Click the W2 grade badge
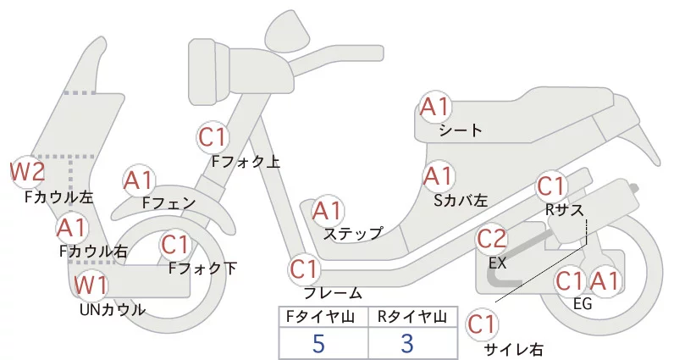coord(27,172)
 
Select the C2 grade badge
coord(492,240)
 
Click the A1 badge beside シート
coord(436,108)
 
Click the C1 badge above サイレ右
coord(482,324)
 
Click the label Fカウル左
coord(59,197)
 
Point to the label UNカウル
coord(112,309)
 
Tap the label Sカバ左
coord(461,201)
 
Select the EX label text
coord(498,263)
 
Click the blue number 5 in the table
coord(318,344)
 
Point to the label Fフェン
coord(169,203)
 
